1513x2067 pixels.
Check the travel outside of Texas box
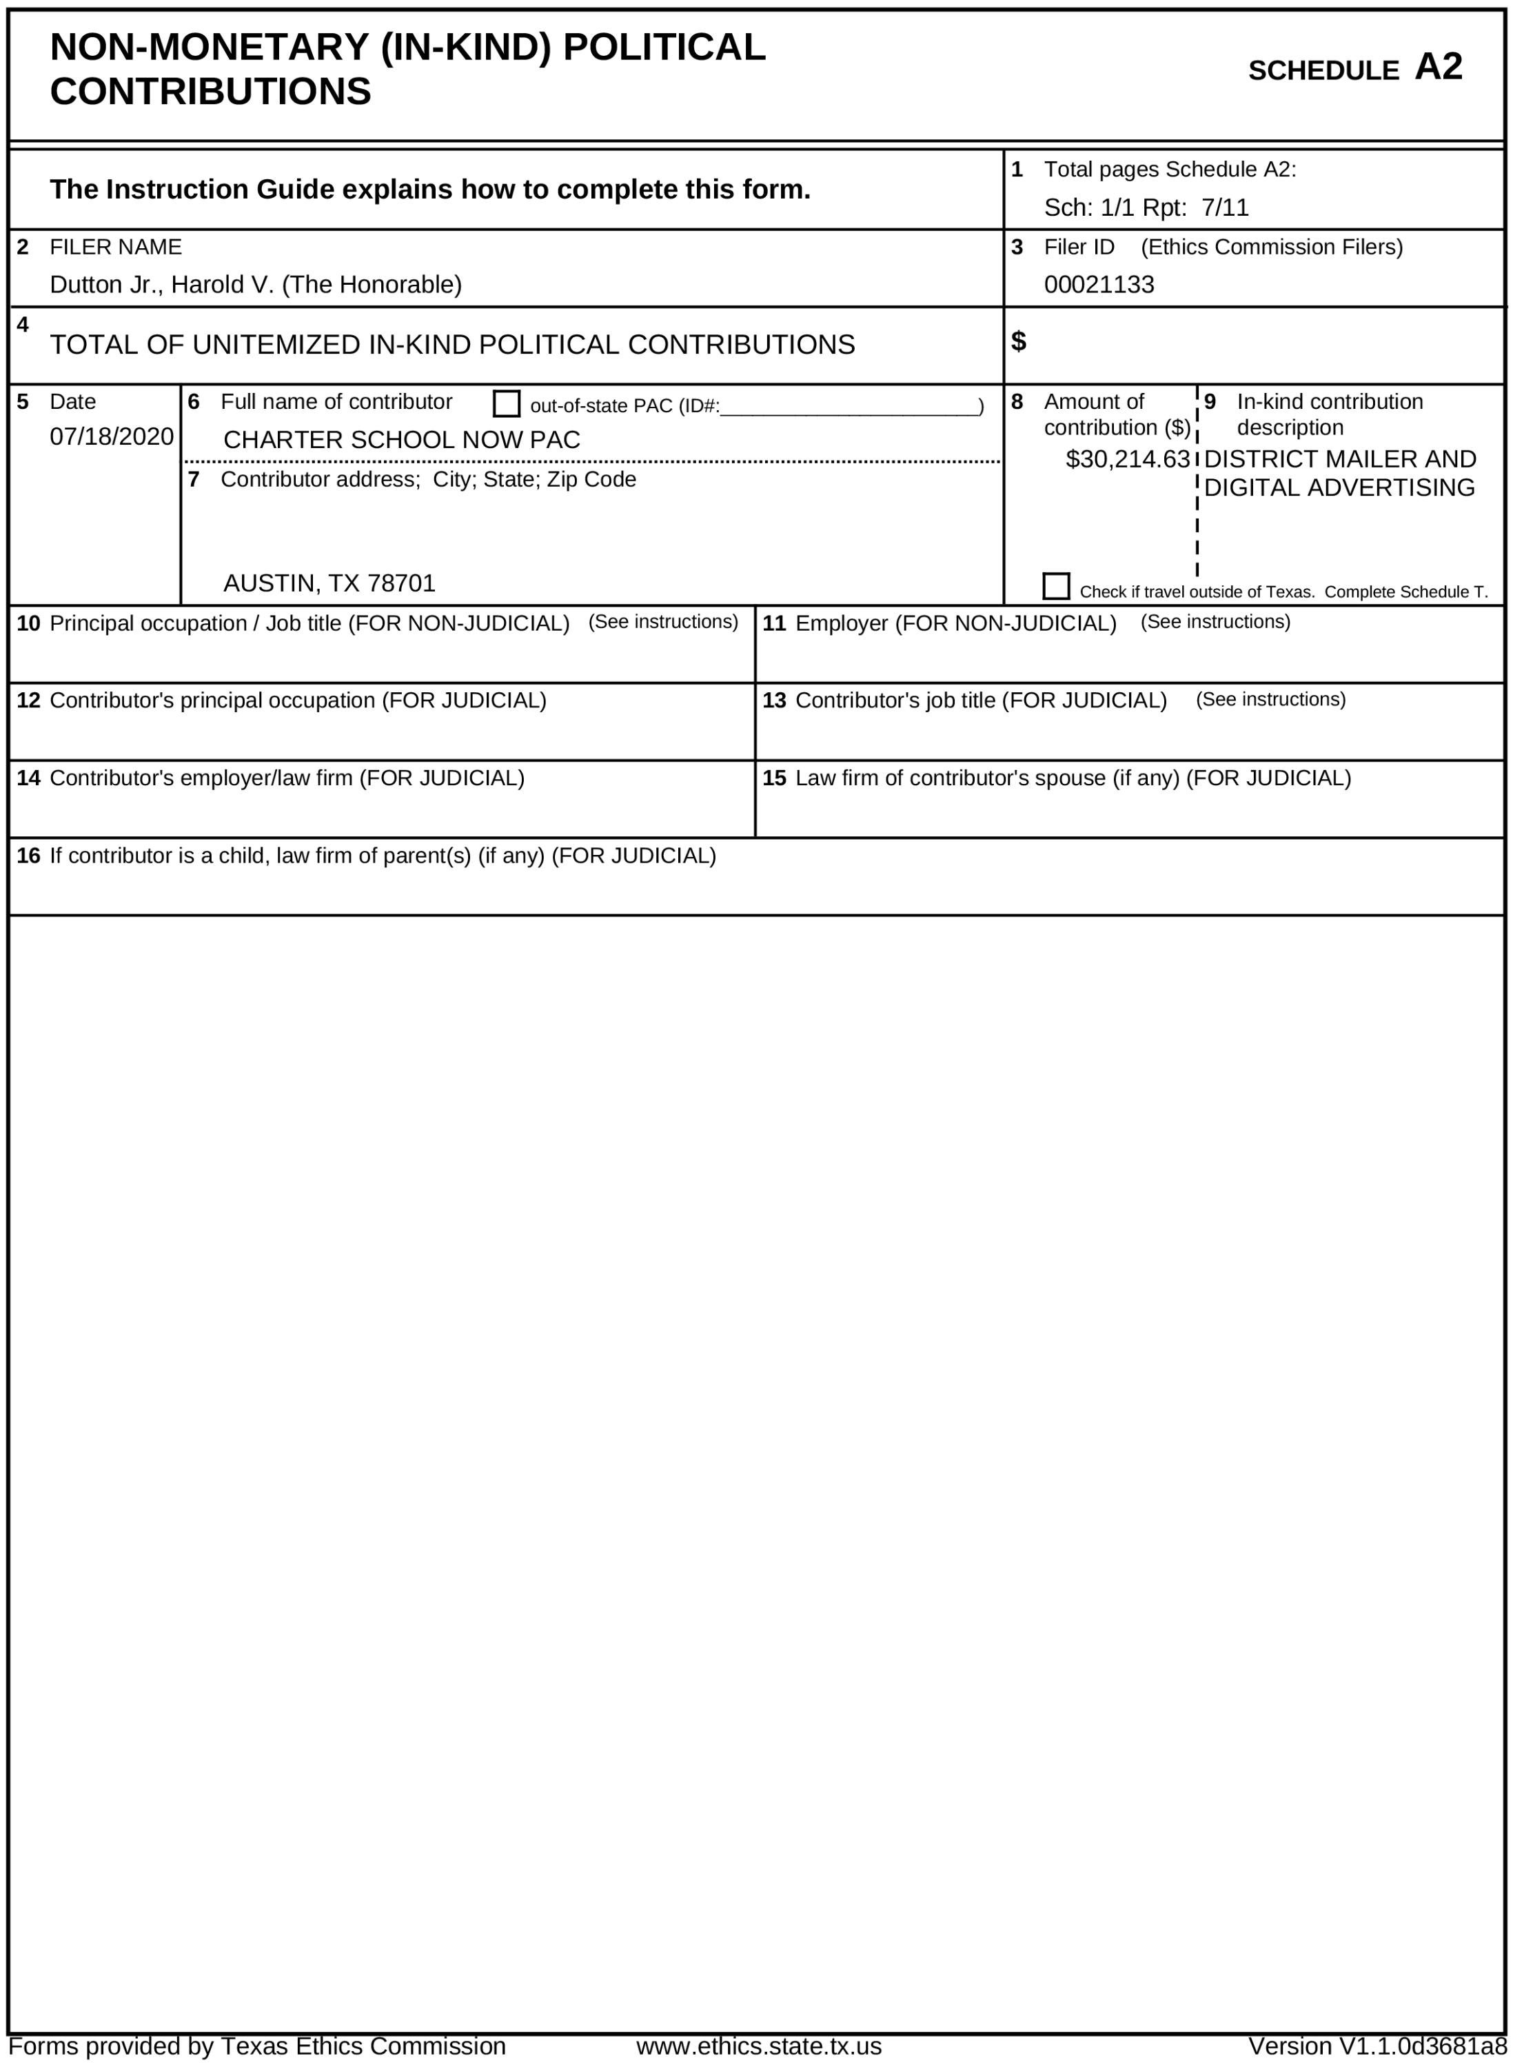tap(1056, 586)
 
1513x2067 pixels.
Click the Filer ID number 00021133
tap(1098, 285)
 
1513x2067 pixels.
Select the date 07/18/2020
tap(112, 437)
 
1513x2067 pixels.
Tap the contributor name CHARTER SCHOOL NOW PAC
tap(401, 441)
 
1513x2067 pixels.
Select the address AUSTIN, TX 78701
tap(329, 583)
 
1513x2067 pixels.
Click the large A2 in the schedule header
tap(1438, 67)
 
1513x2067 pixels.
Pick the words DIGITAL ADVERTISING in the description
tap(1339, 488)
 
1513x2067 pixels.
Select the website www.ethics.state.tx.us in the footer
tap(758, 2046)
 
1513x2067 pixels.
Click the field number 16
tap(28, 856)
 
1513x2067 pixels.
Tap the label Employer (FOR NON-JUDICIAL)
tap(955, 624)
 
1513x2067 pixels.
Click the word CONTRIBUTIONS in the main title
tap(211, 92)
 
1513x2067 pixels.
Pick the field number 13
tap(774, 700)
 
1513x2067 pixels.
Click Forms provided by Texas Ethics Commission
tap(256, 2046)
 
